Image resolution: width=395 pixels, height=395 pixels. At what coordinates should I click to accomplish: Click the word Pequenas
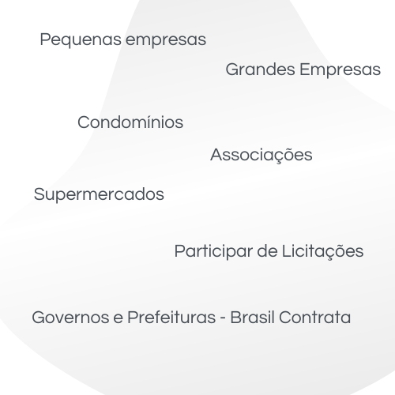click(x=81, y=40)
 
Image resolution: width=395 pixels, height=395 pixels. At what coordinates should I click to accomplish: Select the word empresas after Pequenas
click(x=166, y=40)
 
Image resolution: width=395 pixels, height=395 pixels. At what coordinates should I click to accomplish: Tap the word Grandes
click(x=260, y=70)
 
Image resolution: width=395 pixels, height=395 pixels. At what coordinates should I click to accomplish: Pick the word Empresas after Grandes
click(x=340, y=70)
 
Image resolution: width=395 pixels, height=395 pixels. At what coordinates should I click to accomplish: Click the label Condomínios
click(x=130, y=122)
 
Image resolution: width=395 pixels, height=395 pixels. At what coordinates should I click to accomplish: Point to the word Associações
click(x=261, y=155)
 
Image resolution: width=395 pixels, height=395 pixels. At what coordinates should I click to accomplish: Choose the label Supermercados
click(x=99, y=195)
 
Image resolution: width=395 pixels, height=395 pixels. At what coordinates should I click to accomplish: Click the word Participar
click(x=213, y=251)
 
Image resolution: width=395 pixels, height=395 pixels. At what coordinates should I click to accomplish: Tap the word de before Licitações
click(x=267, y=251)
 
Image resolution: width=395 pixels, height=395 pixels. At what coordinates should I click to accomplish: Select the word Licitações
click(x=323, y=251)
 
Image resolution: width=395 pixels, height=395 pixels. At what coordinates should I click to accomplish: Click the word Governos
click(x=70, y=318)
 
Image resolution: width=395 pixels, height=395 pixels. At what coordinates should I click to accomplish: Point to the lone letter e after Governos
click(x=118, y=318)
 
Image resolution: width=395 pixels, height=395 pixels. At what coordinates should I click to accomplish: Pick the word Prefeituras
click(x=171, y=317)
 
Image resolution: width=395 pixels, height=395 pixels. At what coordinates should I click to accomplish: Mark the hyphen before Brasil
click(x=223, y=318)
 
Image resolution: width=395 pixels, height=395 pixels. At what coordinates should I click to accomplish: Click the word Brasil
click(x=252, y=317)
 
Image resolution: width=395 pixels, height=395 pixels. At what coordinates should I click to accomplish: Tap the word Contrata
click(x=314, y=318)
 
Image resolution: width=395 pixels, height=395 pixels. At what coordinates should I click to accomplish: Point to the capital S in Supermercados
click(x=39, y=194)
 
